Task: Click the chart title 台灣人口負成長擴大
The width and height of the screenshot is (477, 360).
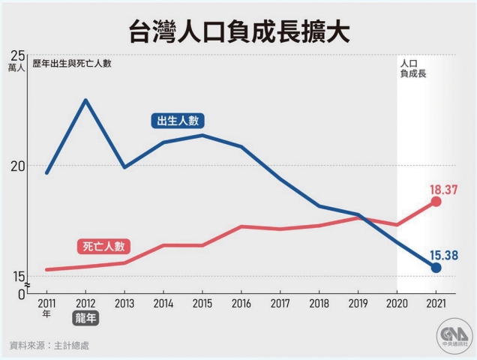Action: [x=238, y=33]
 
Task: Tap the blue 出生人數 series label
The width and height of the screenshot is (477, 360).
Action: [x=178, y=121]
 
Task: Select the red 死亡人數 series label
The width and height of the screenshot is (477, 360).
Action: [x=103, y=246]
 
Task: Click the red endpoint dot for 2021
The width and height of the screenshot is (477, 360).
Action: [x=436, y=202]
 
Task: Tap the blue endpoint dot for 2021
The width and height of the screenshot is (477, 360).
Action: [x=436, y=268]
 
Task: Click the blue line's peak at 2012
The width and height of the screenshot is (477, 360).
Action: [x=85, y=100]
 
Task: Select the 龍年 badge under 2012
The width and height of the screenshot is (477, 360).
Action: [x=85, y=318]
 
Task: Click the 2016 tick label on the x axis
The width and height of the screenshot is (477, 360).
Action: [x=241, y=304]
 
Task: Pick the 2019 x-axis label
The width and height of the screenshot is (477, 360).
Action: [x=358, y=304]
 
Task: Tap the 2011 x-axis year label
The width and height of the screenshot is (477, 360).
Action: [x=46, y=304]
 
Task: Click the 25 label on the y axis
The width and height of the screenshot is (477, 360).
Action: [x=17, y=54]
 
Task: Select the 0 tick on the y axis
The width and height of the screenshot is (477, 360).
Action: [x=22, y=294]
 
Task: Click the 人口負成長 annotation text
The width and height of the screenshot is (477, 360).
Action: [x=412, y=69]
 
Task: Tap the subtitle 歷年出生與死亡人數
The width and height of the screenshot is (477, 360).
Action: [x=72, y=64]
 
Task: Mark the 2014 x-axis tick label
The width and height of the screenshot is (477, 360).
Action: [x=163, y=304]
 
